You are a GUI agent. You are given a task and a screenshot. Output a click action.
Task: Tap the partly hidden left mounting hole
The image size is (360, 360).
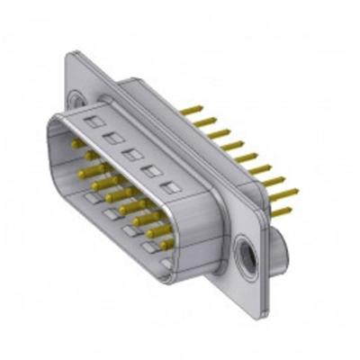[x=78, y=101]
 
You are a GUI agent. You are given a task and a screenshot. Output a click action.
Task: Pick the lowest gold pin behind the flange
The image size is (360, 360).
[x=283, y=212]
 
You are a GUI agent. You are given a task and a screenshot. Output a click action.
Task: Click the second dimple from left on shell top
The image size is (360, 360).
[x=112, y=139]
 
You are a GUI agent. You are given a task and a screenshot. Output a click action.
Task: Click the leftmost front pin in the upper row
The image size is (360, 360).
[x=76, y=144]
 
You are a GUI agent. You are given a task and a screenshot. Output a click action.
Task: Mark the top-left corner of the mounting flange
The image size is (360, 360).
[x=68, y=56]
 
